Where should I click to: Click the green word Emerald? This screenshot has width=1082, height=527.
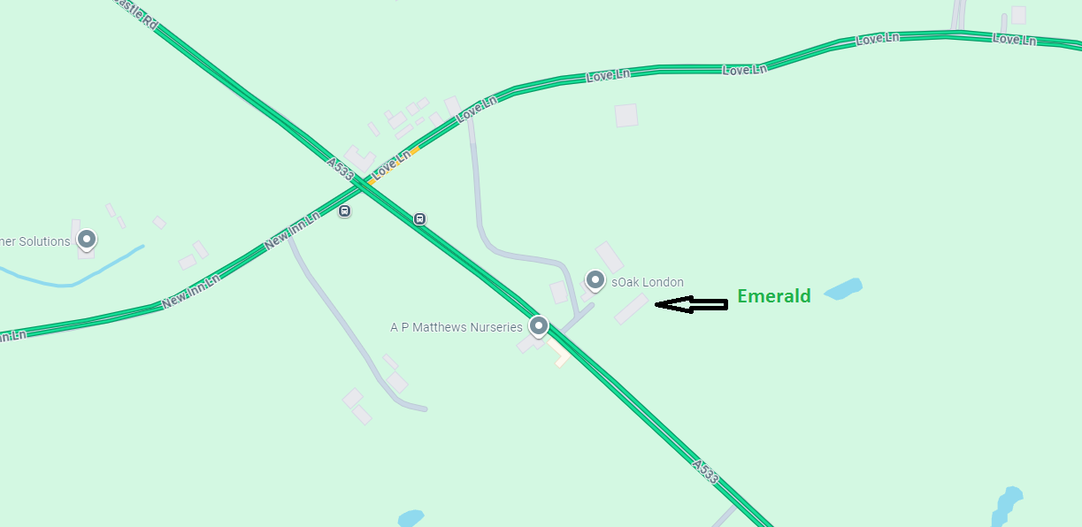click(x=774, y=296)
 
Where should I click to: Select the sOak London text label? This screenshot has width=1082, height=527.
click(x=648, y=282)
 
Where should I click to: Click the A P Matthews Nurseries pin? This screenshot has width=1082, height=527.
click(x=538, y=326)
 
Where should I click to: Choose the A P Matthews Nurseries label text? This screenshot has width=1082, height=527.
click(x=457, y=327)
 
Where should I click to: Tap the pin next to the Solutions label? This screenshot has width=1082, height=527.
click(x=87, y=239)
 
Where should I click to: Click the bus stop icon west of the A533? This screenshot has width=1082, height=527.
click(x=344, y=211)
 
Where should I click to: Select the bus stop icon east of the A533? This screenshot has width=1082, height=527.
click(x=420, y=218)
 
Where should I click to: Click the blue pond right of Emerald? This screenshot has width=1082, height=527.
click(x=842, y=289)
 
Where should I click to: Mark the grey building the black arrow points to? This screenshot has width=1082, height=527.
click(x=632, y=309)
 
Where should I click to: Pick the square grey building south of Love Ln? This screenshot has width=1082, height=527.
click(x=626, y=115)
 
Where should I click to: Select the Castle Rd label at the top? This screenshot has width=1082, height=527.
click(x=138, y=12)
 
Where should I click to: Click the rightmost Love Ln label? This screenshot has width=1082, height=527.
click(x=1014, y=39)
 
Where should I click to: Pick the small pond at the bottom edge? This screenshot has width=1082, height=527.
click(x=411, y=518)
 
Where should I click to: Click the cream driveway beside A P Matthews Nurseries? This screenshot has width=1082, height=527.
click(x=559, y=355)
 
